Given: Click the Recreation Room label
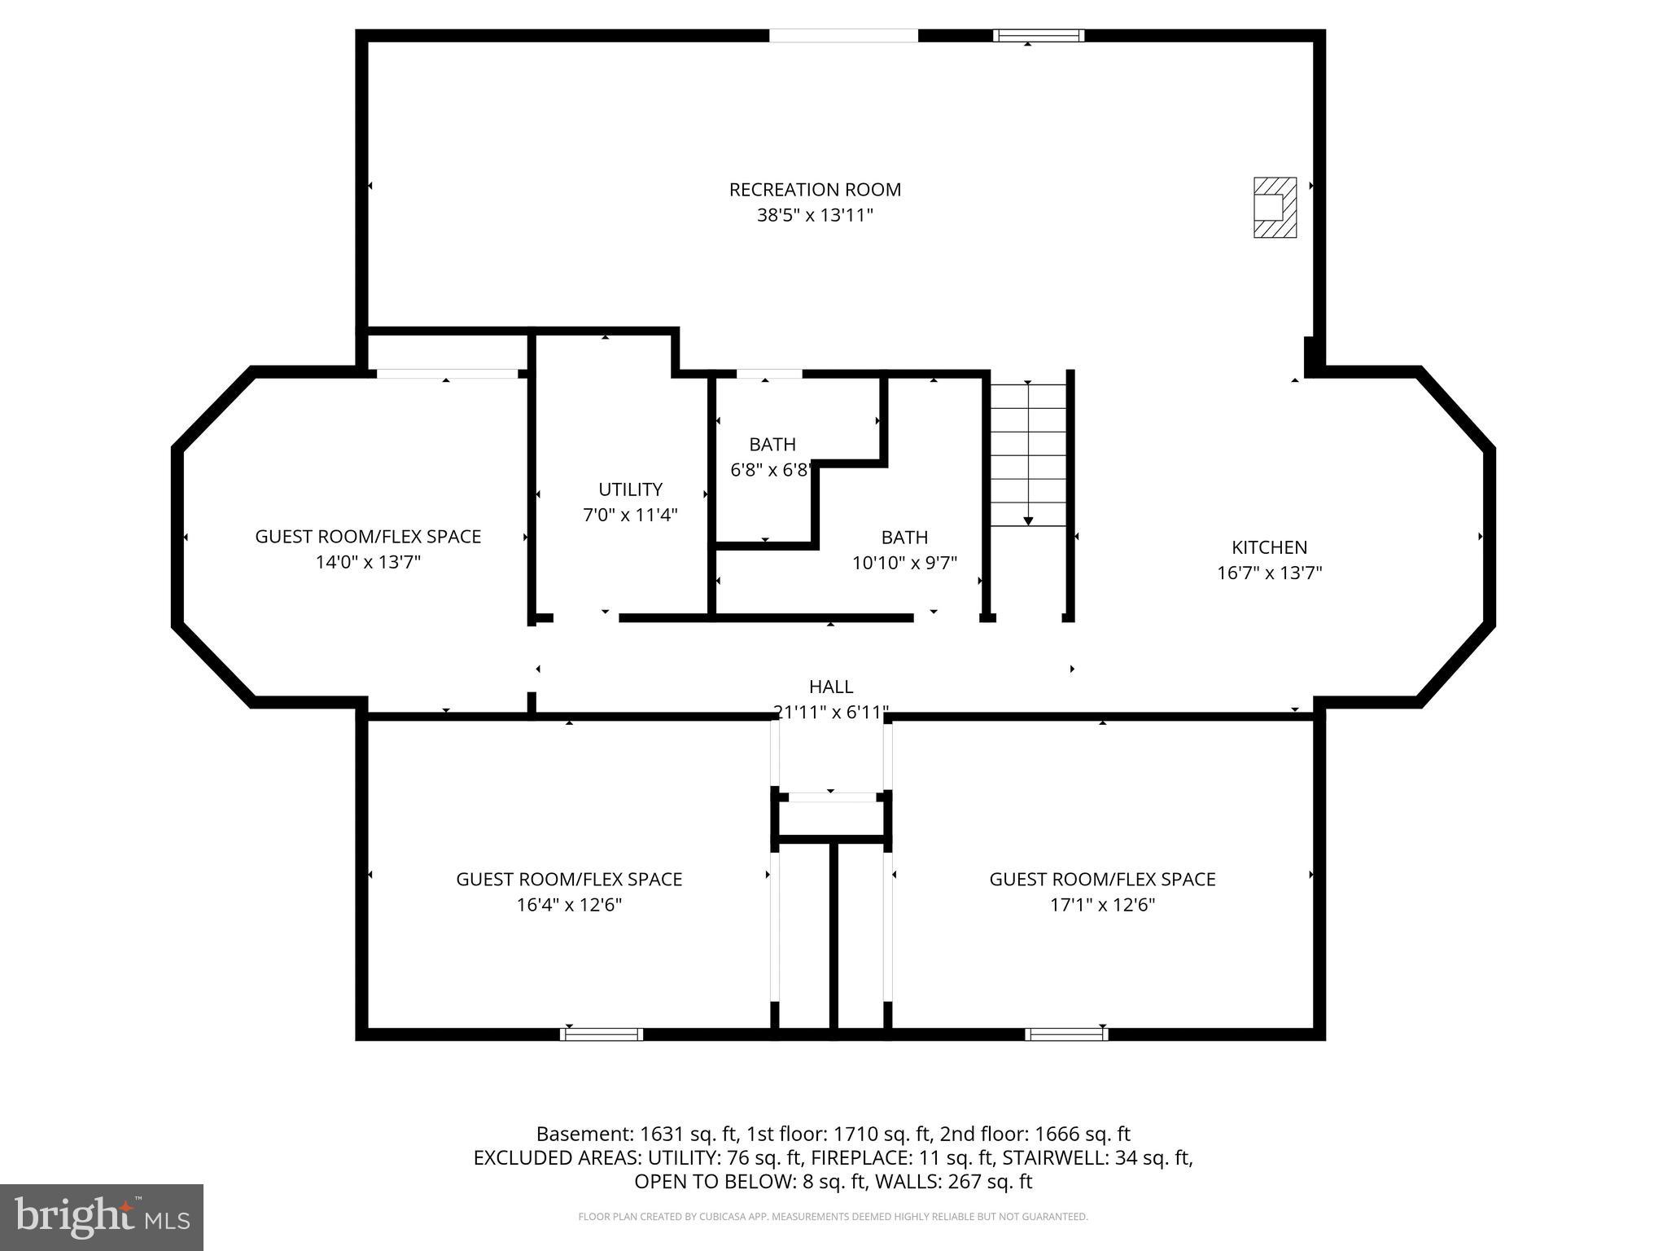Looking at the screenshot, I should [815, 190].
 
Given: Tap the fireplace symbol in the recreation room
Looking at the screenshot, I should [1274, 208].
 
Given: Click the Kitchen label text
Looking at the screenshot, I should [1269, 547].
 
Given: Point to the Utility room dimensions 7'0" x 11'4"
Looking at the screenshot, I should [630, 515].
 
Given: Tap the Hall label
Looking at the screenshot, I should [831, 687].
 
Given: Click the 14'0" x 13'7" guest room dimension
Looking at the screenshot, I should [368, 562].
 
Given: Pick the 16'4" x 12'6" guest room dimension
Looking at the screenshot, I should [569, 905].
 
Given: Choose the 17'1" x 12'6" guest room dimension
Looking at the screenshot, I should [1102, 905].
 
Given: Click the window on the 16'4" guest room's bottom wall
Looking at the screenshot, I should [602, 1034].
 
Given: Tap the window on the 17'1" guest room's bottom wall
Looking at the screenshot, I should [1066, 1034].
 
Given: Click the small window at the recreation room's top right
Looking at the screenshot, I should [1039, 35].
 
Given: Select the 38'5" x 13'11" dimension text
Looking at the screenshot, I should [815, 216].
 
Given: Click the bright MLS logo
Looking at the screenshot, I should [102, 1217].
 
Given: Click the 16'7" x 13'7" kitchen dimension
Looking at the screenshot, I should [1269, 573].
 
